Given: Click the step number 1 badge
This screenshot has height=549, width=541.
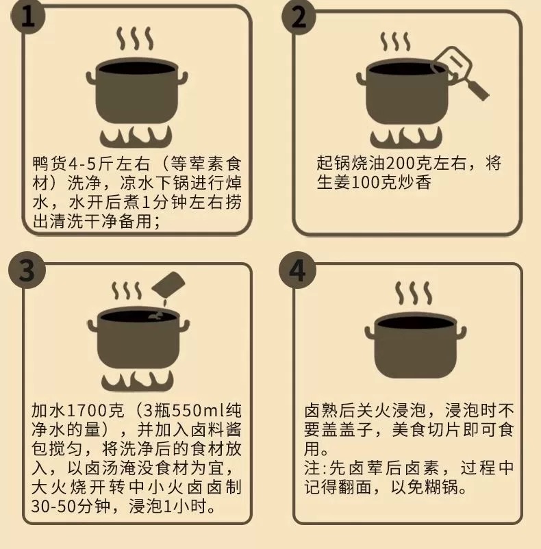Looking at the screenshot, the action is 28,16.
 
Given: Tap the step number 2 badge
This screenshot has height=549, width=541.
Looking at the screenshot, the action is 299,17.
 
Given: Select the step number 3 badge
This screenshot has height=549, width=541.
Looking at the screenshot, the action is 27,270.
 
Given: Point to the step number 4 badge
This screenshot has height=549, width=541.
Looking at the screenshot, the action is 297,270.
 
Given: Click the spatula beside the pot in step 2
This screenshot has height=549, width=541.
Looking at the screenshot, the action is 460,73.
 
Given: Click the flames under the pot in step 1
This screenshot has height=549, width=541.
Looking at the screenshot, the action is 136,136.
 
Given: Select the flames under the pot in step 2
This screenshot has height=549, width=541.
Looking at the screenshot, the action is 406,137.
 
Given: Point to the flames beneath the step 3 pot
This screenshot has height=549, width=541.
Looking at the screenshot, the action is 138,381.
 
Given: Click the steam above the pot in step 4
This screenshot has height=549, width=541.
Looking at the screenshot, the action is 413,293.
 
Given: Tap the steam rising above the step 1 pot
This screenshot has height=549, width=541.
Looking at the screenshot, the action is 135,38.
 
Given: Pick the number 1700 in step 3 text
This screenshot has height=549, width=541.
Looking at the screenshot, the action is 86,410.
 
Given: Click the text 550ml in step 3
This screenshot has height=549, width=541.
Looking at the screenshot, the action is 199,410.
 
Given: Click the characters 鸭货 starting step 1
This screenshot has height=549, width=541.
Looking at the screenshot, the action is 49,164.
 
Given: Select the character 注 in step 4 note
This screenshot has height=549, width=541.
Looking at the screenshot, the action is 312,468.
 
